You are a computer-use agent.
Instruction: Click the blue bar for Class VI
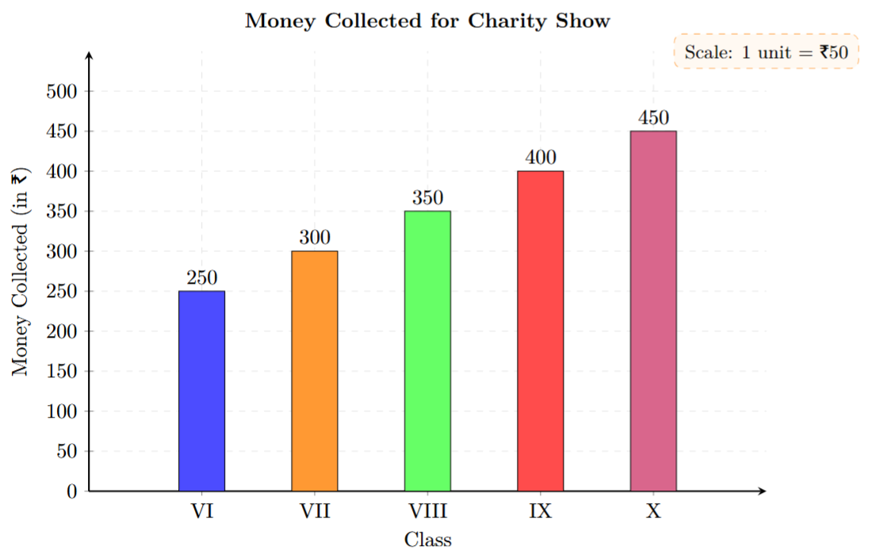pos(201,391)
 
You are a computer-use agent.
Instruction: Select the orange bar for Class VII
pos(315,371)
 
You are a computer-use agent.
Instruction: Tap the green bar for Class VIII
pos(427,351)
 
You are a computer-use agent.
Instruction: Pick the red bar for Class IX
pos(541,331)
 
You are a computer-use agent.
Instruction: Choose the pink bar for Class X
pos(653,311)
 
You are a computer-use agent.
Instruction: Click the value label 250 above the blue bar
pos(201,278)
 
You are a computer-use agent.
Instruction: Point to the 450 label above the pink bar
pos(653,118)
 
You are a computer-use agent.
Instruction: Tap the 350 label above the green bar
pos(427,198)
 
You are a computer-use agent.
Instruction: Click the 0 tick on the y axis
pos(71,492)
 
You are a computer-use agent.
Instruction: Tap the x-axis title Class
pos(427,540)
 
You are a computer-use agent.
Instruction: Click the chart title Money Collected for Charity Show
pos(427,21)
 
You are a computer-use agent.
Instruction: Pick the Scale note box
pos(766,52)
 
